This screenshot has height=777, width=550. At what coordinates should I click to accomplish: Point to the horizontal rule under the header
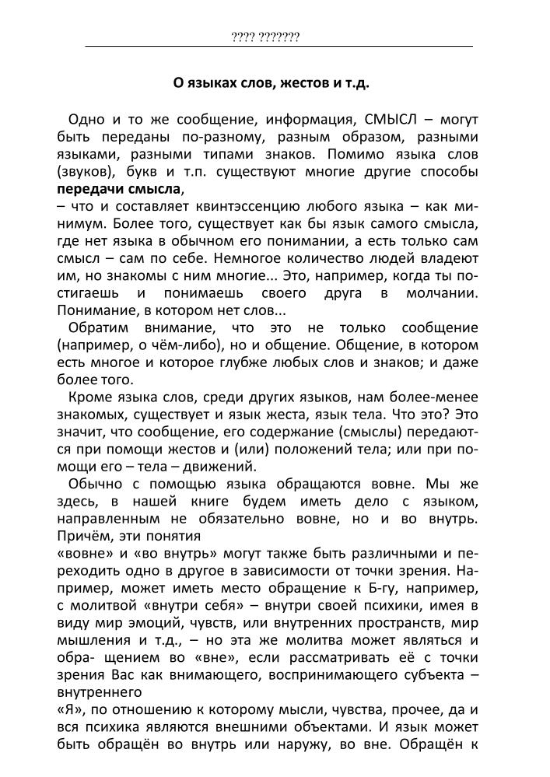279,47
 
